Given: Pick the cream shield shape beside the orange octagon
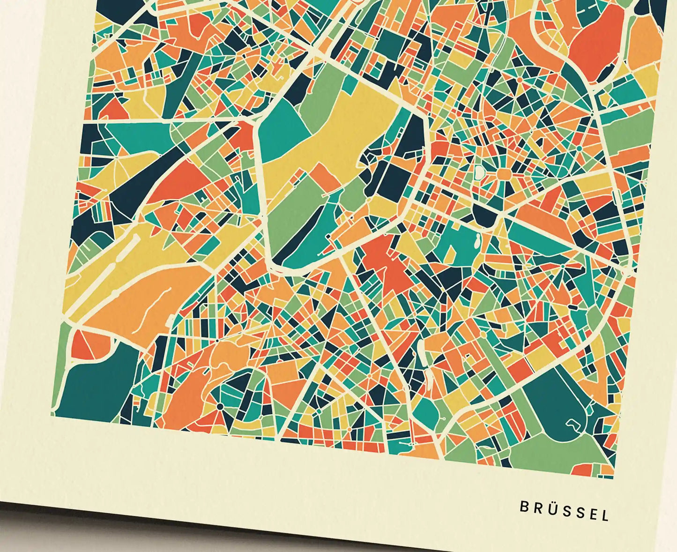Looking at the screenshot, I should pos(479,172).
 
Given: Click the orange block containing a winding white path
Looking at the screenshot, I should pos(141,300).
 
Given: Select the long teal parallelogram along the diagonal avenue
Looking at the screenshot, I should pos(539,234).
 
